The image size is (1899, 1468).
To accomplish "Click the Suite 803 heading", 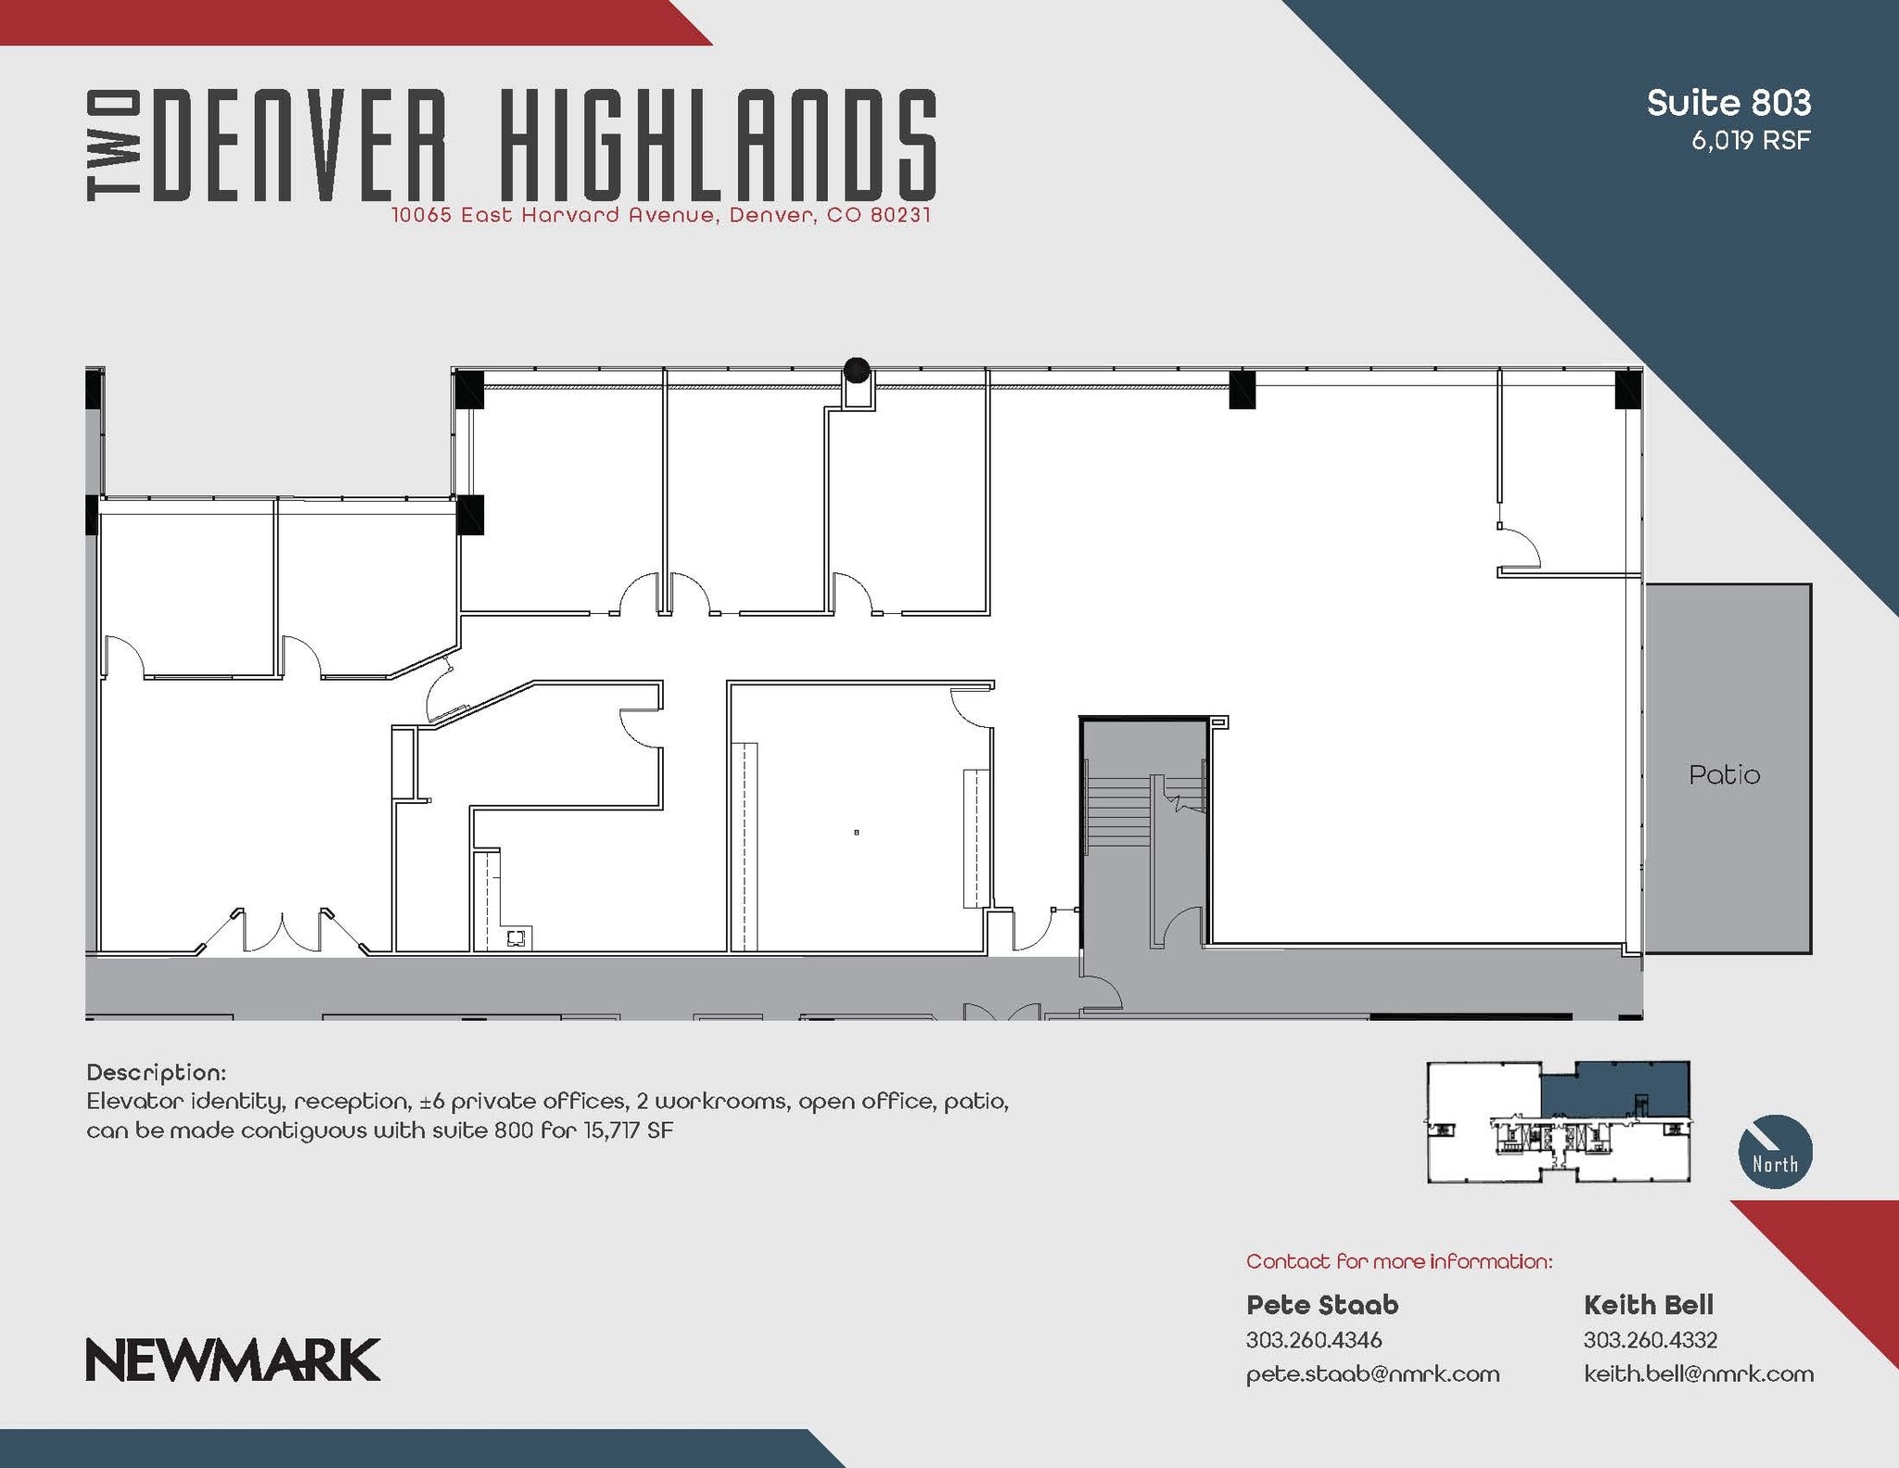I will (x=1727, y=103).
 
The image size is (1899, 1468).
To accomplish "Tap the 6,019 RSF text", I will (x=1750, y=141).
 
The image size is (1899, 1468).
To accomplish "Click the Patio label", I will (x=1724, y=775).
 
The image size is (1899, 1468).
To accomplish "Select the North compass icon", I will (x=1775, y=1151).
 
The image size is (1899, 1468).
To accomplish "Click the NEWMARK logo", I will (x=233, y=1359).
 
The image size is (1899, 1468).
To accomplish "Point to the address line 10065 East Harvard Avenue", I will (x=660, y=215).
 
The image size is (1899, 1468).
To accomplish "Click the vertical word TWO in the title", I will (x=114, y=146).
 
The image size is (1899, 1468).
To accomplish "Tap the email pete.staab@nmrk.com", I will (x=1372, y=1373).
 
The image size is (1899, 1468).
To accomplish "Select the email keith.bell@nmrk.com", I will (x=1698, y=1373).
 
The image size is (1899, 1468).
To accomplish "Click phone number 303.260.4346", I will (x=1313, y=1340).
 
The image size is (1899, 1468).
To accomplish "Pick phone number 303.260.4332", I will (x=1650, y=1340).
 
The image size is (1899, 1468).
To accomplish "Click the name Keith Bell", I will (x=1648, y=1305).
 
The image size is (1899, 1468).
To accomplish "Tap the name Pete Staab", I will (x=1321, y=1305).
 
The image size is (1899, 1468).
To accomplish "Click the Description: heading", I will (x=156, y=1073).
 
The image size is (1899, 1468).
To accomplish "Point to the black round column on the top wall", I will (x=857, y=370).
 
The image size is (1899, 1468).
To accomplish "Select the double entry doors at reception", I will (x=282, y=932).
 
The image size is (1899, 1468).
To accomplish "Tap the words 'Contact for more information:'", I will (x=1398, y=1261).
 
